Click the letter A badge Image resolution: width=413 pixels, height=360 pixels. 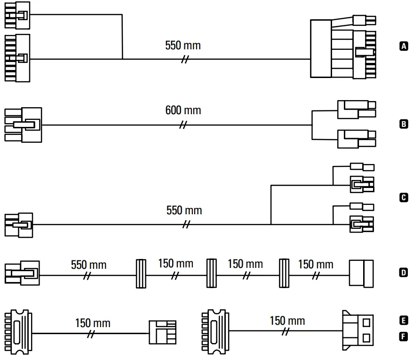[x=403, y=46]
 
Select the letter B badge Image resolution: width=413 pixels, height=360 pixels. [x=403, y=125]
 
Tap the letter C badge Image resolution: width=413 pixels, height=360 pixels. [x=403, y=198]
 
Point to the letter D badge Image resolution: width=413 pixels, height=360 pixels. [x=403, y=272]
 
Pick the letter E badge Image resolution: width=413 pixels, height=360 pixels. [x=403, y=321]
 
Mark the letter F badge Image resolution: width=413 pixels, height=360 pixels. [x=403, y=337]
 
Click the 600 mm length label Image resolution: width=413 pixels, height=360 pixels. [x=183, y=110]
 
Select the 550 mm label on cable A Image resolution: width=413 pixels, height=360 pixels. [x=183, y=46]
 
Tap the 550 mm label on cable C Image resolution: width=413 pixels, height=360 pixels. [x=184, y=210]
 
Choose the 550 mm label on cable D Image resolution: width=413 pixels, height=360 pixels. [x=88, y=264]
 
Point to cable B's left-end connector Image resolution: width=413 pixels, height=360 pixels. [x=23, y=125]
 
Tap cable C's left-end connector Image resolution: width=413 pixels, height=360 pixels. [x=19, y=225]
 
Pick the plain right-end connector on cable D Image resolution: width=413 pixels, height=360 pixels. [x=361, y=273]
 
